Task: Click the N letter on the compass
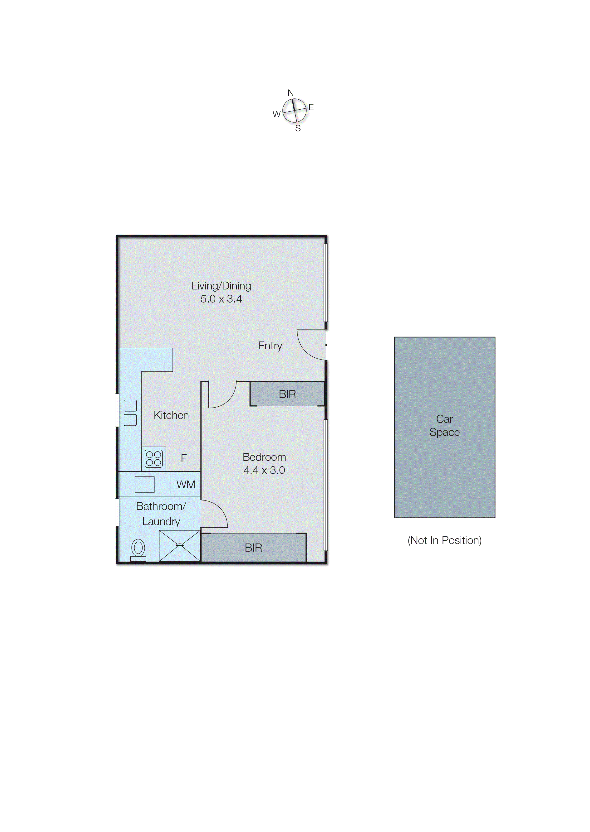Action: (291, 93)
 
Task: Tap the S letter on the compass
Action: (298, 128)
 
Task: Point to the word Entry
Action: (270, 346)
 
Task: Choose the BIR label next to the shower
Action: (253, 548)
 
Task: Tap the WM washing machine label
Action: (186, 485)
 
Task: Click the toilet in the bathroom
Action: (138, 549)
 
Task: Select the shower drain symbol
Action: (180, 545)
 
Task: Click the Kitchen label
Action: (171, 415)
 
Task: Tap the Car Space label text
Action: (444, 426)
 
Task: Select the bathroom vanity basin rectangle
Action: (145, 484)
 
